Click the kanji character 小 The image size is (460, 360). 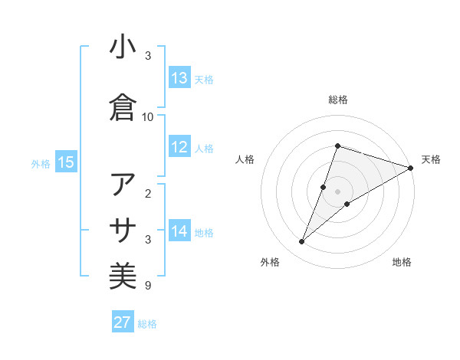point(123,47)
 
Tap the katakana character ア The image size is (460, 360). point(123,185)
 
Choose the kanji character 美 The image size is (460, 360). point(123,275)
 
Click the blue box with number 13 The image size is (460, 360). point(179,78)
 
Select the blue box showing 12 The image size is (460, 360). point(179,148)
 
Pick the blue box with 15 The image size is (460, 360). point(65,162)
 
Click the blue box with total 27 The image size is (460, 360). point(123,322)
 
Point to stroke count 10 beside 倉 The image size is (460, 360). point(148,117)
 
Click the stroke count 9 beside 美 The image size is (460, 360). point(147,286)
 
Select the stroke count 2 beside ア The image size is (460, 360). point(149,194)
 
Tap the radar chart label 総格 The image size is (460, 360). point(337,100)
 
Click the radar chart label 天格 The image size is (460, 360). point(431,159)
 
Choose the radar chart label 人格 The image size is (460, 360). point(245,159)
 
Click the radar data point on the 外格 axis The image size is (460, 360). point(302,242)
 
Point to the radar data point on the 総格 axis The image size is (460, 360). point(337,146)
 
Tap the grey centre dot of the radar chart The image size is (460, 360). point(337,191)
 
